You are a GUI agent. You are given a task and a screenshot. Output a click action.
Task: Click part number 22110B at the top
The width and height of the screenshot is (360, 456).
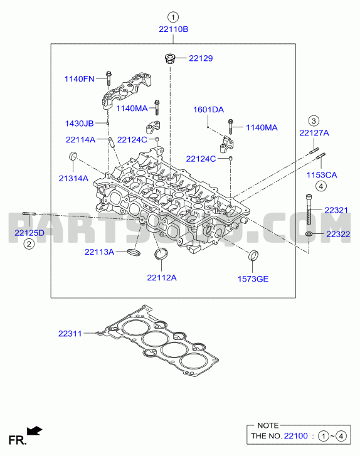(x=173, y=29)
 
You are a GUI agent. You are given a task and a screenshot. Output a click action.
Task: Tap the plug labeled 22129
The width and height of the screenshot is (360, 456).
(x=169, y=58)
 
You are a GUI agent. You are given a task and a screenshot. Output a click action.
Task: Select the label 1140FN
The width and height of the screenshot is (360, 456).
(x=80, y=79)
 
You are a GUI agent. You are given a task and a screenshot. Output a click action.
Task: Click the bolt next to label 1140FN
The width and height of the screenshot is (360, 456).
(x=109, y=78)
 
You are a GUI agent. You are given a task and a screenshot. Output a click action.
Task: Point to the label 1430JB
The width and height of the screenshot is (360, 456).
(x=80, y=124)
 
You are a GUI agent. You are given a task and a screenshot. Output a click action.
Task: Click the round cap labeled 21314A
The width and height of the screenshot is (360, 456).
(x=73, y=156)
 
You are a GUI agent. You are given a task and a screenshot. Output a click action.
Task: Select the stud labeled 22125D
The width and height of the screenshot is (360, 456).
(x=29, y=214)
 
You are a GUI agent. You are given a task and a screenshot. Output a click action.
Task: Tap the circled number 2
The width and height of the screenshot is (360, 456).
(x=29, y=244)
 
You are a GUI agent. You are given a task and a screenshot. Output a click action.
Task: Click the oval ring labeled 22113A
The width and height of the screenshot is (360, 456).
(x=134, y=252)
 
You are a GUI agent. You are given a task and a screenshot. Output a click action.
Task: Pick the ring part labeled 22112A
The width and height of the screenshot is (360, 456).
(x=161, y=253)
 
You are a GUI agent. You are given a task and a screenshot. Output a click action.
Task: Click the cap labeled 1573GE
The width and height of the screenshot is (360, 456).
(x=253, y=255)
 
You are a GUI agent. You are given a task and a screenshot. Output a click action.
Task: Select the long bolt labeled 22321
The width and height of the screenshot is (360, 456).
(x=309, y=209)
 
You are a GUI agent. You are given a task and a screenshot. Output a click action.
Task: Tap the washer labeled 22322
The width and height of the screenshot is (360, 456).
(x=309, y=234)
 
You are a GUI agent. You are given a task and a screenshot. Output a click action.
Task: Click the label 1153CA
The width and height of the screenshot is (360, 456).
(x=322, y=175)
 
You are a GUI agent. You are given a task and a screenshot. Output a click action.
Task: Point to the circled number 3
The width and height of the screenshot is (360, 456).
(x=314, y=120)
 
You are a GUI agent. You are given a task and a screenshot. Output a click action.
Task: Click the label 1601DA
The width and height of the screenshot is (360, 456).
(x=208, y=110)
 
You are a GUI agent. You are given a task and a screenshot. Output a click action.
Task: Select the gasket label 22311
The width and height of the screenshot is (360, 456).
(x=70, y=334)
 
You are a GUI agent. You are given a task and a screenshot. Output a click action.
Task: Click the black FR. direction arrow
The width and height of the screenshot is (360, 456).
(x=34, y=430)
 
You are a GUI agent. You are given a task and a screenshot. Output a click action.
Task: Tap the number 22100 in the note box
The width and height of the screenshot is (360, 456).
(x=296, y=436)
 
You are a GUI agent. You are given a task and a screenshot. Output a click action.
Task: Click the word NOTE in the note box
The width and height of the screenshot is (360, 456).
(x=268, y=425)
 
